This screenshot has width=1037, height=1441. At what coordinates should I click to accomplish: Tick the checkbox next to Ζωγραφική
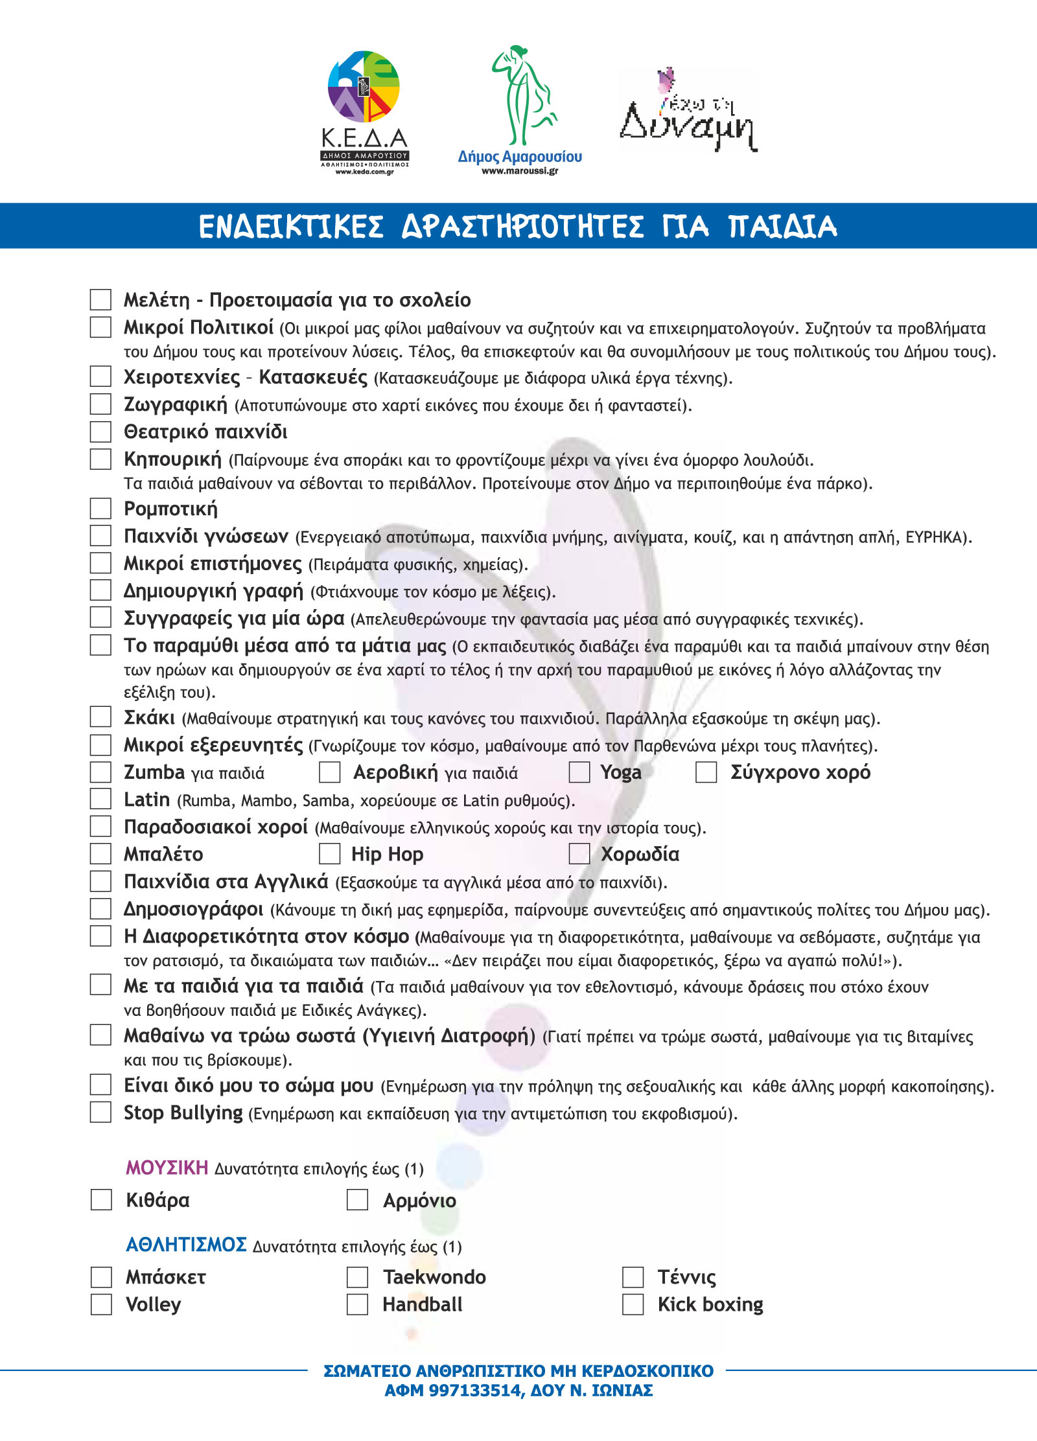100,404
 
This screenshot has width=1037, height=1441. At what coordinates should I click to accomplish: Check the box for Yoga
579,772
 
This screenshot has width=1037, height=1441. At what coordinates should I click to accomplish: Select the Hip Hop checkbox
330,854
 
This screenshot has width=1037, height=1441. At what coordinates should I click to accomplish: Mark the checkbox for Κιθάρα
101,1200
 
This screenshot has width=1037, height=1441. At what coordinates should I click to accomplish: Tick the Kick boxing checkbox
633,1304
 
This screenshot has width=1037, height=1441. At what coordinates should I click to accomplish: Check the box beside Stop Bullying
100,1112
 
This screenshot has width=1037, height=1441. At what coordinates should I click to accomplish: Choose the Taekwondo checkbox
357,1277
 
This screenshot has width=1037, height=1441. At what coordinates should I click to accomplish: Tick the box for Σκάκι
100,717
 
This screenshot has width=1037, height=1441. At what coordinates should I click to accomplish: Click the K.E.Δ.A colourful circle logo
364,87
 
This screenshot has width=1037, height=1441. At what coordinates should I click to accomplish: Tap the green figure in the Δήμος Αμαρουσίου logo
522,95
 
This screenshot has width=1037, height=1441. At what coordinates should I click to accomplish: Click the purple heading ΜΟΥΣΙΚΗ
167,1168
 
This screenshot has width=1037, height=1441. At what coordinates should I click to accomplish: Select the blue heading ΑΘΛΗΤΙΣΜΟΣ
186,1245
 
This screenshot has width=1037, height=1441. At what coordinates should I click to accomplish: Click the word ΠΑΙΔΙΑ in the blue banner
782,226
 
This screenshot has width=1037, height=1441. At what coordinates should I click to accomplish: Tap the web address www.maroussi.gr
520,171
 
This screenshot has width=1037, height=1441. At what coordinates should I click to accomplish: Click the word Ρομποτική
170,509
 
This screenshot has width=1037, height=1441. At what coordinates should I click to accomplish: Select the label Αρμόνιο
419,1201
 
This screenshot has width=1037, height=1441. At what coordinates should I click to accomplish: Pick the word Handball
423,1304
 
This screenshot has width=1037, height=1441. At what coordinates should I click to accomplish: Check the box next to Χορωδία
579,854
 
